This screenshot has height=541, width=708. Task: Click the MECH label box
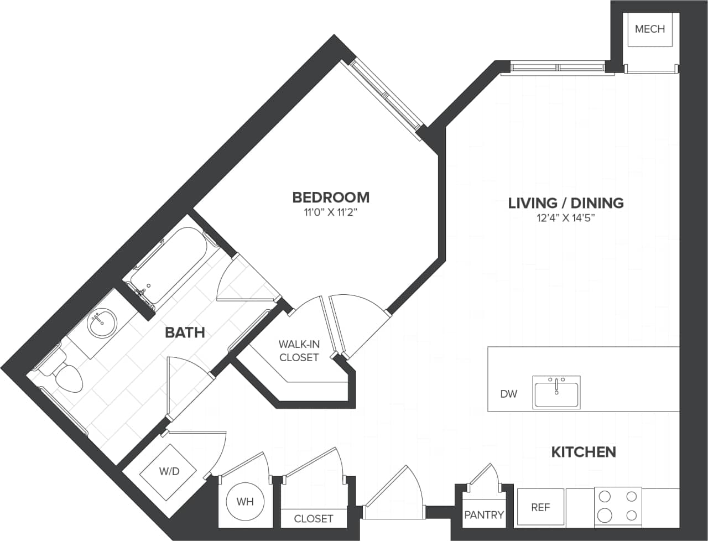(x=649, y=29)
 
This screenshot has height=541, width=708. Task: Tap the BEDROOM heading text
(x=331, y=197)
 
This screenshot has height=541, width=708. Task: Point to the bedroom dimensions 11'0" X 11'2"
(x=331, y=212)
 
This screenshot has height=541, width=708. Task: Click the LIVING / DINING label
(x=566, y=203)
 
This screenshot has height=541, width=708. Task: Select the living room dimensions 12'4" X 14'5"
(x=566, y=217)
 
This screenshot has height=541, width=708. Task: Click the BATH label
(x=185, y=332)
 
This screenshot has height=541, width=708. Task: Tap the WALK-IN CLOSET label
(x=299, y=351)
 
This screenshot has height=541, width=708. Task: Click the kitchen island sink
(x=556, y=392)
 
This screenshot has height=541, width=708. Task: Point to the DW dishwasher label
(x=508, y=394)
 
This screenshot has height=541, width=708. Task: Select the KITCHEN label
(x=584, y=452)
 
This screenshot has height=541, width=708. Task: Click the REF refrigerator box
(x=540, y=507)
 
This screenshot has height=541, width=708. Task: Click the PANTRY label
(x=483, y=515)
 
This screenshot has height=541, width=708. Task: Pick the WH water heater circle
(x=245, y=502)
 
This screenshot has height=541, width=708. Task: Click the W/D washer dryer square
(x=169, y=471)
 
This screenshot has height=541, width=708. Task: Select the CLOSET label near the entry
(x=314, y=518)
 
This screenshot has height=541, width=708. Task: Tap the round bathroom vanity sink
(x=102, y=322)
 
